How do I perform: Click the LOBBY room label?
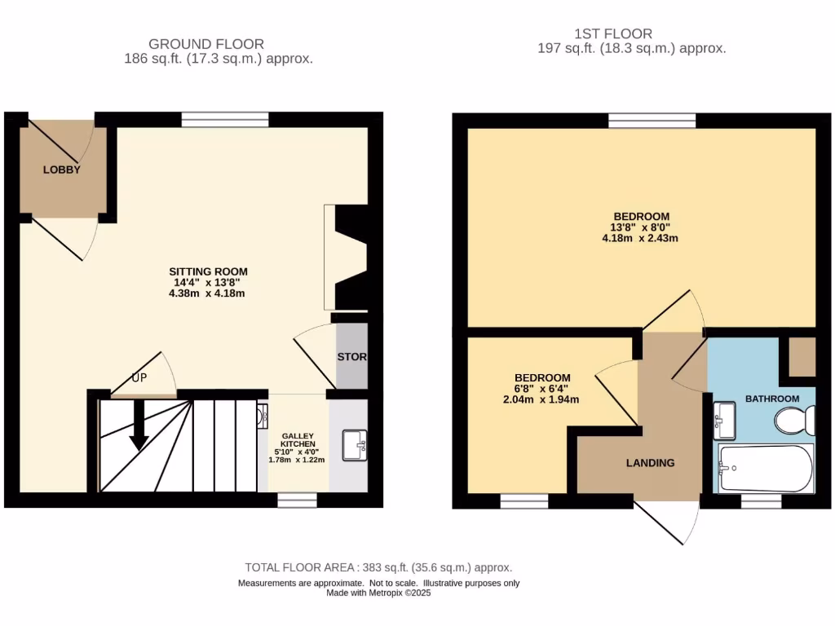[62, 170]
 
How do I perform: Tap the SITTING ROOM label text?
[208, 271]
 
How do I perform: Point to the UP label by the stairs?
[139, 378]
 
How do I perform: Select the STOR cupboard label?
[351, 357]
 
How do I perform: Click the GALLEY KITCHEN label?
[297, 440]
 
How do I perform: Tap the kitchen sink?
[356, 445]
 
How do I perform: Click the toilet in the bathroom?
[795, 421]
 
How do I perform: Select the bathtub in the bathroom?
[764, 469]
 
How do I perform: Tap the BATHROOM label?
[772, 399]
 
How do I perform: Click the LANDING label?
[650, 463]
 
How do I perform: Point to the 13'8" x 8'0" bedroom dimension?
[639, 227]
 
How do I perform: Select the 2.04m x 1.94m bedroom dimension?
[542, 399]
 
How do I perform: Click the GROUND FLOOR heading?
[206, 43]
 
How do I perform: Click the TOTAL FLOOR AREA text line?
[378, 567]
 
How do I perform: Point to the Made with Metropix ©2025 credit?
[378, 593]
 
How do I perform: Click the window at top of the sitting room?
[224, 120]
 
